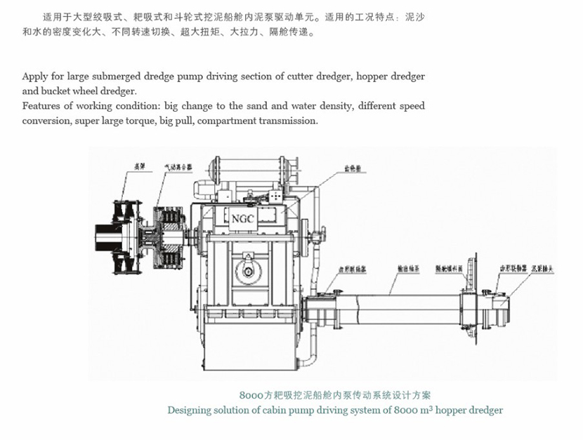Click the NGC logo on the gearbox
pos(242,218)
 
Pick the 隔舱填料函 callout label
pos(447,267)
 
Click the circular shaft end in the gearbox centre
pos(249,272)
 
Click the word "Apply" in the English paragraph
pos(36,76)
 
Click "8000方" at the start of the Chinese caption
pos(255,395)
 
